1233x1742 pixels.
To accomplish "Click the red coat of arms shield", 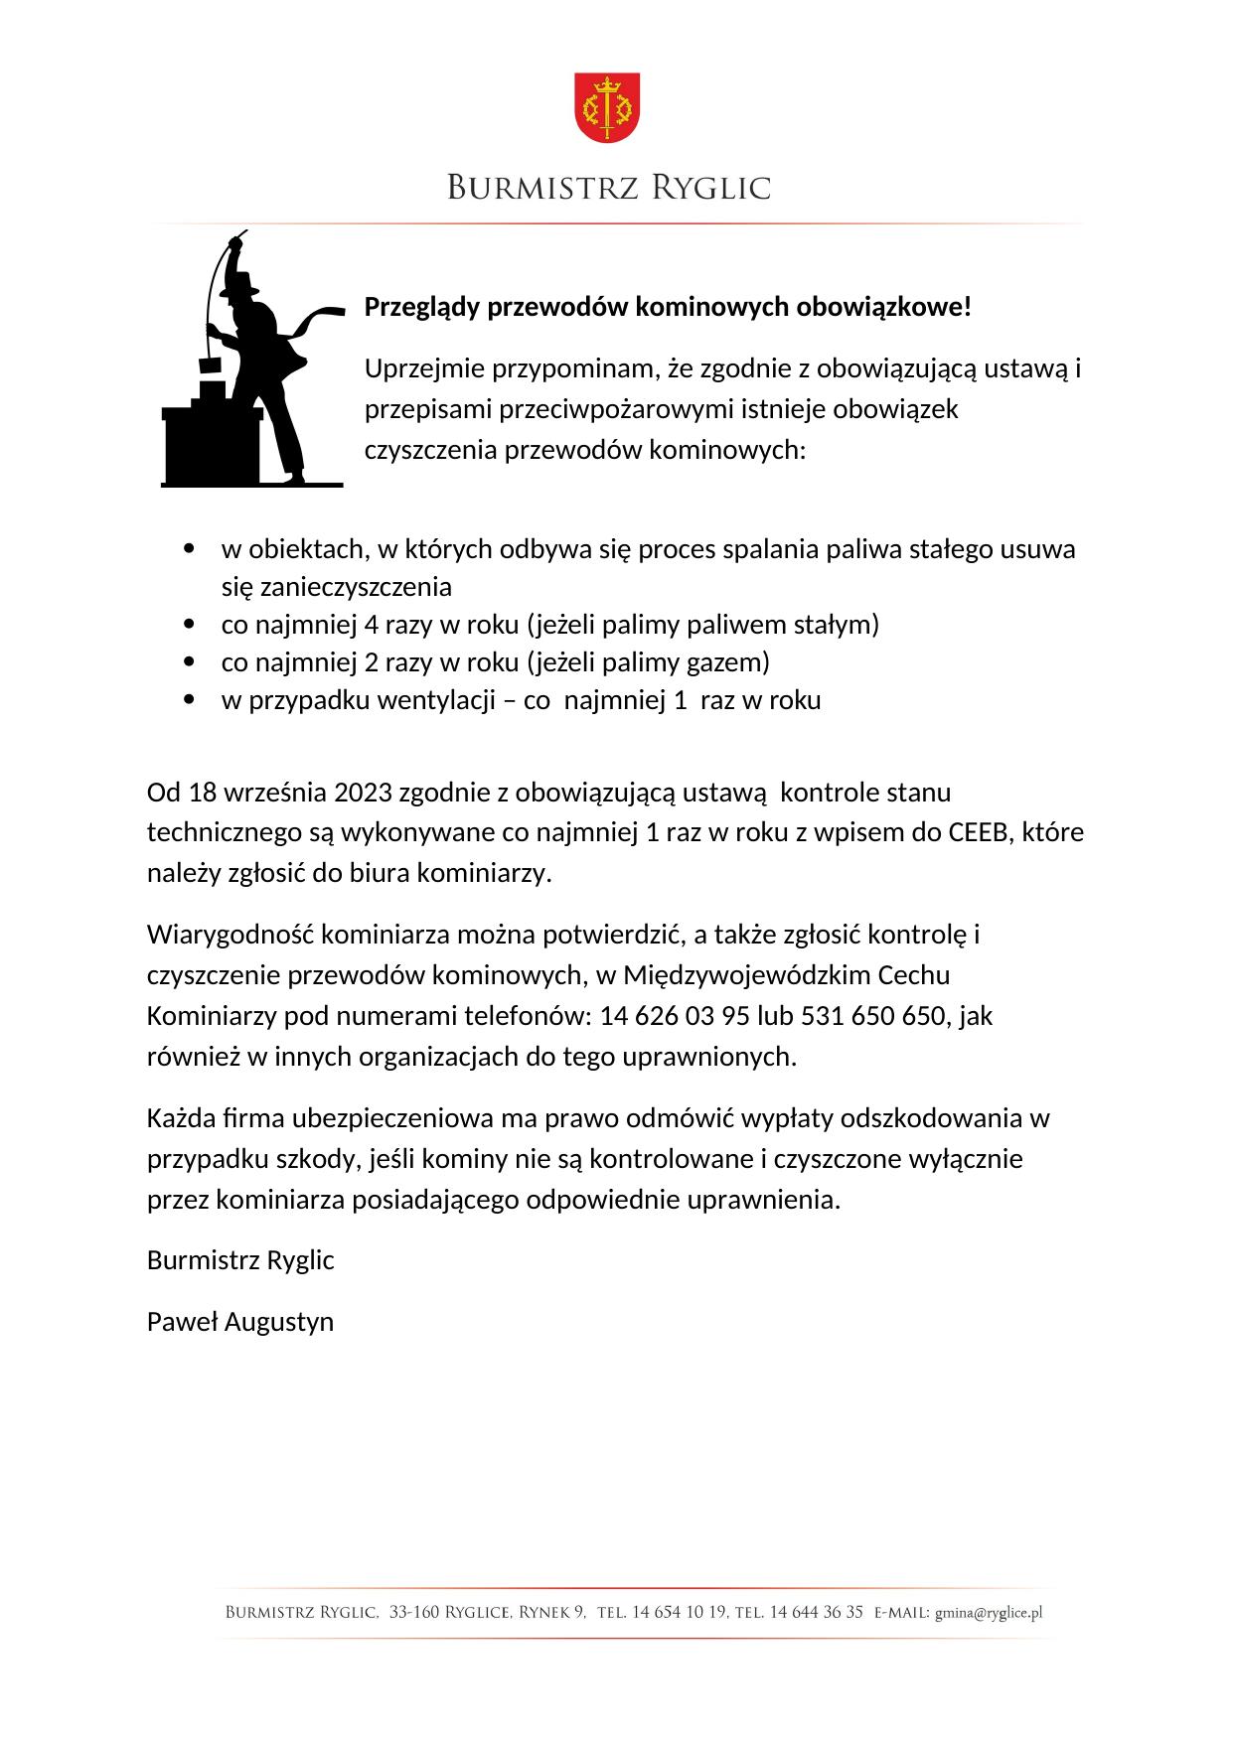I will click(x=607, y=105).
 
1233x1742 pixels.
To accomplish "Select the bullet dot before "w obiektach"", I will click(x=190, y=549).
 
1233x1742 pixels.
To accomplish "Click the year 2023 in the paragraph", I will click(x=362, y=793).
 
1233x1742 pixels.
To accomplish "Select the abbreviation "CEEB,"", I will click(x=982, y=832).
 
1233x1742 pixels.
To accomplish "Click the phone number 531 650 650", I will click(x=874, y=1016).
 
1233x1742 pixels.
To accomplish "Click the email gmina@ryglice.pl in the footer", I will click(x=988, y=1614).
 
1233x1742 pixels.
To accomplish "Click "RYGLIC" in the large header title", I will click(x=710, y=188).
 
